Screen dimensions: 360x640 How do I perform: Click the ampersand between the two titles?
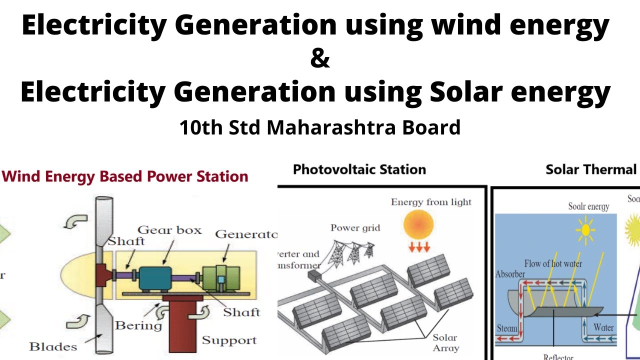320,59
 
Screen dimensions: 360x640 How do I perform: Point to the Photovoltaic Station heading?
359,169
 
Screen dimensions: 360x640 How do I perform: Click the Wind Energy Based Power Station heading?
125,176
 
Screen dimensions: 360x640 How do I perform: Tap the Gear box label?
169,230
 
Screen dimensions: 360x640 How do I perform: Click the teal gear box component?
154,278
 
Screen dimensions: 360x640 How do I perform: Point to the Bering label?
138,326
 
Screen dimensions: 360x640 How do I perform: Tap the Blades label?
53,346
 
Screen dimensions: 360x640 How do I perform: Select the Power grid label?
355,228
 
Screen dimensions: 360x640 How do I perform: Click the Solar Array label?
445,342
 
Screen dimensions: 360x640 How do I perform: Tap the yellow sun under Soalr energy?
584,230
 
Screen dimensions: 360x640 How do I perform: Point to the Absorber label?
510,274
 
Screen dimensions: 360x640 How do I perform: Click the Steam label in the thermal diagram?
507,328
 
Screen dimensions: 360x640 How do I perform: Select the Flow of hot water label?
553,263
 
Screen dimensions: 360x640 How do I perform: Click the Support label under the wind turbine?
229,340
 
